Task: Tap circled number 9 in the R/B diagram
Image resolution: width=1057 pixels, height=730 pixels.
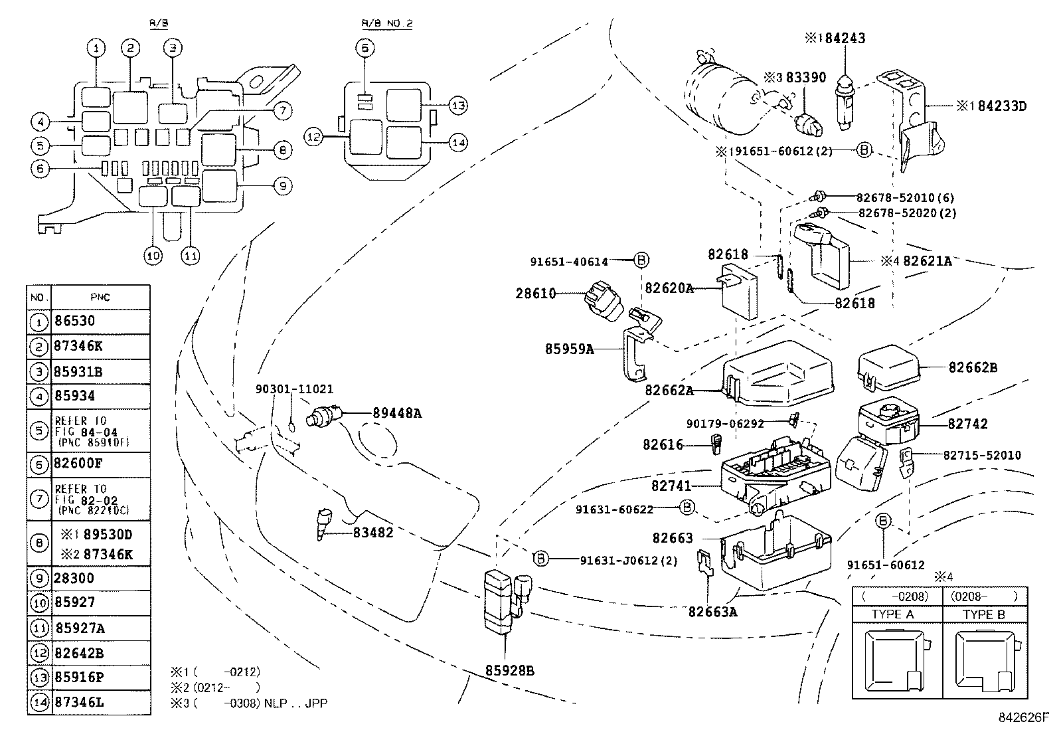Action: pos(282,187)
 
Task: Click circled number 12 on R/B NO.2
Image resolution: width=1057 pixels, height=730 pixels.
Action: pos(314,137)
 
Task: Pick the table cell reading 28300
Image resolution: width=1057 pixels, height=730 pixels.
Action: pos(74,578)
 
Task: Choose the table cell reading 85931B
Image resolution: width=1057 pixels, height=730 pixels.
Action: pos(78,372)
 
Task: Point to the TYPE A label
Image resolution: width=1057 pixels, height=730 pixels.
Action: pos(892,614)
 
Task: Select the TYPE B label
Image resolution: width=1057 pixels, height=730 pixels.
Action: pos(983,614)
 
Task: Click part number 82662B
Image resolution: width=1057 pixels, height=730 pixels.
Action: pos(973,367)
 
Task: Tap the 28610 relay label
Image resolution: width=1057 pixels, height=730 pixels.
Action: pos(536,293)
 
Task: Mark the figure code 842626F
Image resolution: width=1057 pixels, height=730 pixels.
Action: pos(1023,718)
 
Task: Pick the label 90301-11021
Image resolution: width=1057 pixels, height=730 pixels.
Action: pos(295,389)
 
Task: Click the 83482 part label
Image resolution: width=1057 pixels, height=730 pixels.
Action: pos(372,533)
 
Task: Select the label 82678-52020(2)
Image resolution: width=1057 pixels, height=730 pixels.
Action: pos(907,213)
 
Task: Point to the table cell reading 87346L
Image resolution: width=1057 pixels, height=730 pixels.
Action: pos(79,701)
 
